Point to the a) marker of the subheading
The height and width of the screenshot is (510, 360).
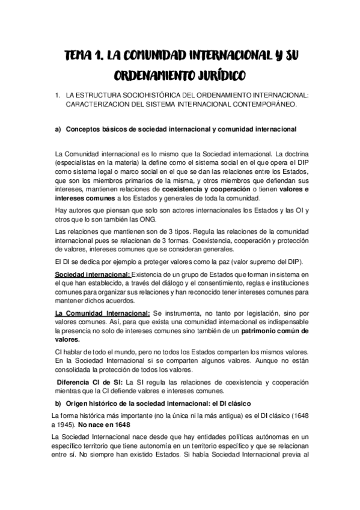tap(58, 129)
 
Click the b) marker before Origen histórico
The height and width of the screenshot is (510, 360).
tap(58, 402)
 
